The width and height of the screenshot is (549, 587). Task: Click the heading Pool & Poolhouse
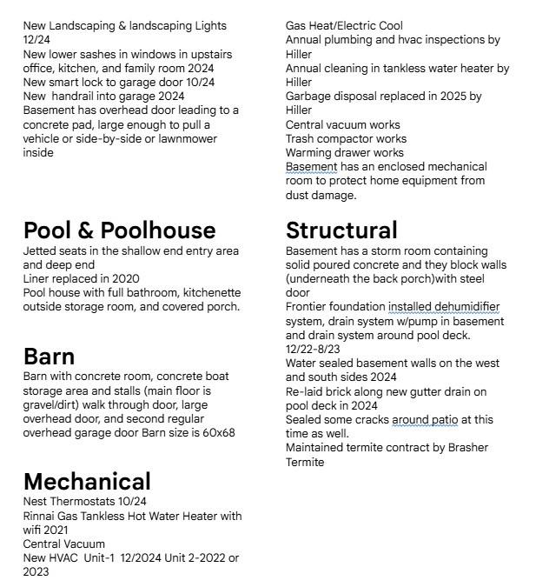(119, 230)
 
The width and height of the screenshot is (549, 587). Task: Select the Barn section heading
(49, 357)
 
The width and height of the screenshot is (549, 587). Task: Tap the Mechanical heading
(87, 482)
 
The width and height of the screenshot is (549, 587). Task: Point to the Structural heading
(341, 230)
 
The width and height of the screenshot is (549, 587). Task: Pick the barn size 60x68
(217, 433)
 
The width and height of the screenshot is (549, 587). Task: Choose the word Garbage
(309, 97)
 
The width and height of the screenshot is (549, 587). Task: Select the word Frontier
(309, 307)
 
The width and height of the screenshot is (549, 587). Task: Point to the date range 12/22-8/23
(313, 350)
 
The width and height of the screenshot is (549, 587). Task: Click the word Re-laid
(305, 392)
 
